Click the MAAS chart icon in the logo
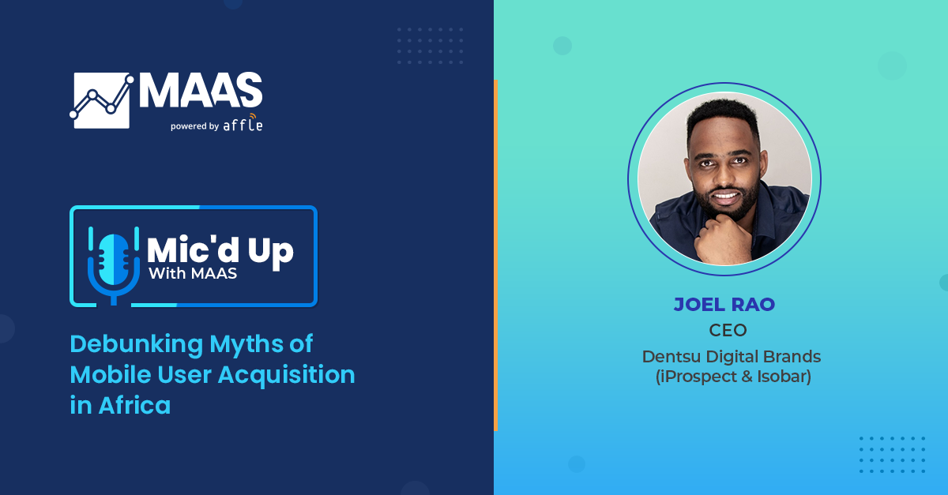click(102, 100)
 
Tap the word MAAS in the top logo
click(201, 90)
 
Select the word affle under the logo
click(243, 123)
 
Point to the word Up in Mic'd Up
click(270, 252)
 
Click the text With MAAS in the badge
click(193, 274)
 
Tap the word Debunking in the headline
click(136, 345)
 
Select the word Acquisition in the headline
click(286, 374)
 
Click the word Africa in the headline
click(134, 405)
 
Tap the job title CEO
click(728, 330)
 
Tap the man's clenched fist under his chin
click(720, 239)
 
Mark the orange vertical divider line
click(495, 255)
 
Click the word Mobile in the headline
click(111, 374)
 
